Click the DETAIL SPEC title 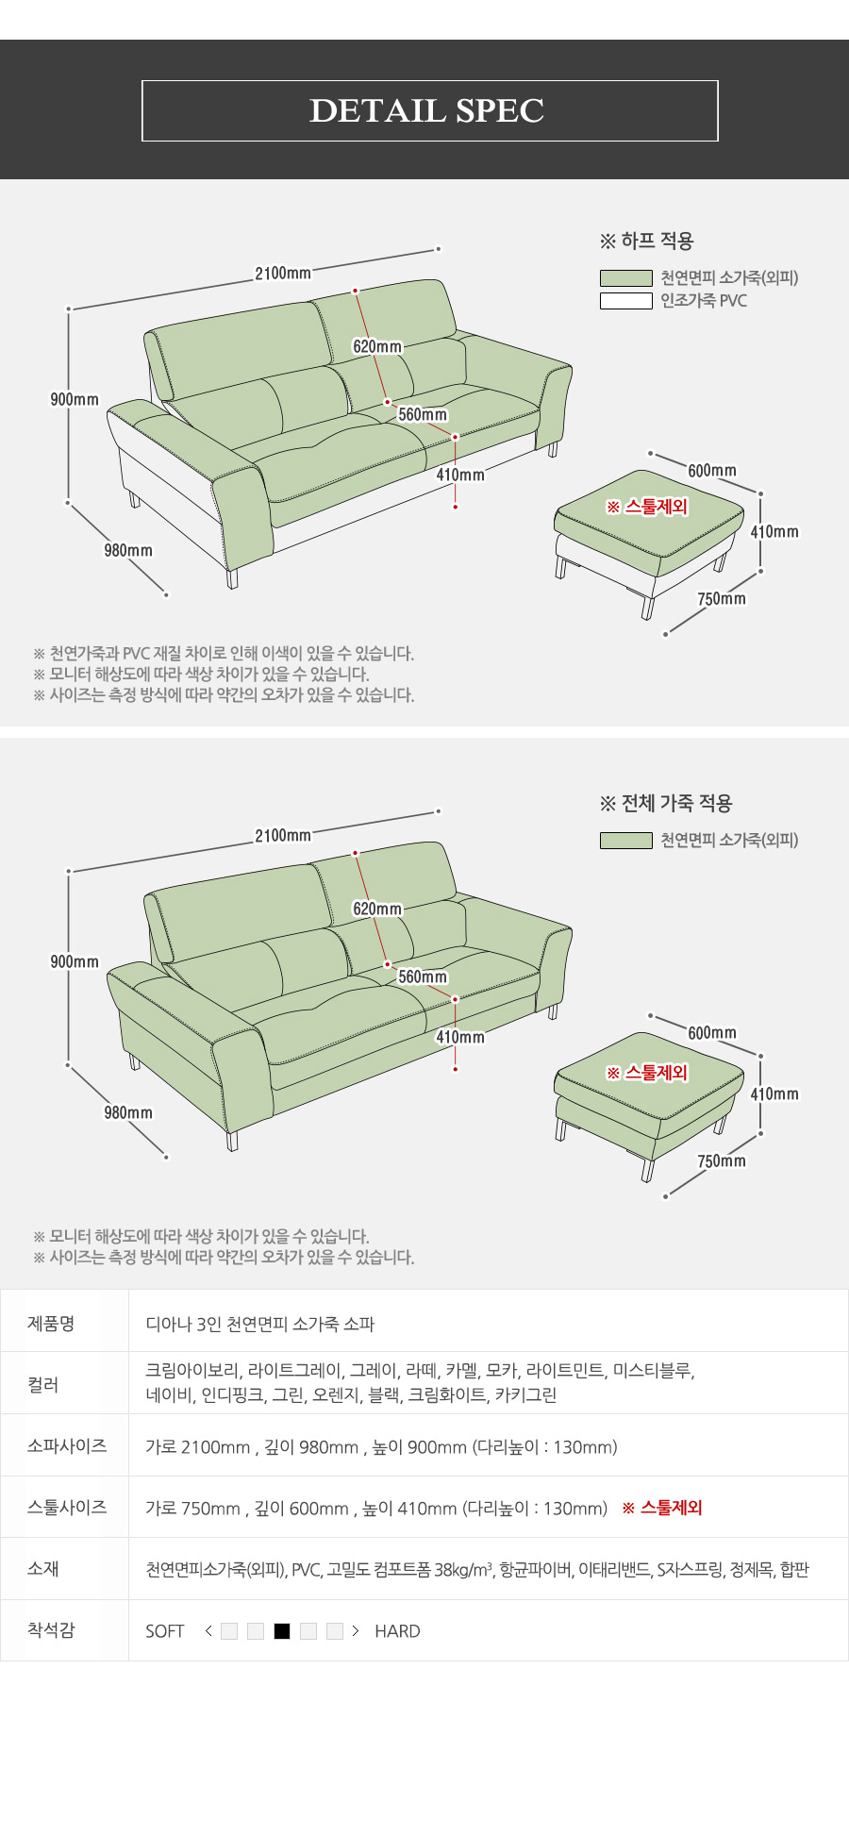[427, 110]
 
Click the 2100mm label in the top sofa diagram [283, 274]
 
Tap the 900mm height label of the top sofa [75, 400]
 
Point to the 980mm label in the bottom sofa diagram [128, 1113]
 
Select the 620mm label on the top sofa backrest [377, 347]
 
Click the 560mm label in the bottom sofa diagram [423, 977]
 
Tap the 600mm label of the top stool [712, 471]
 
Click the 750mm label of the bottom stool [722, 1161]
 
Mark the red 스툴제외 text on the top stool [647, 507]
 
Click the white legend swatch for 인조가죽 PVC [626, 301]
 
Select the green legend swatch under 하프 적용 [626, 278]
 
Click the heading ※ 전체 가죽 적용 [666, 803]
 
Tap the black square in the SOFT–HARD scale [282, 1631]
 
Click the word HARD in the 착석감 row [397, 1631]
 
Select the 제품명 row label [51, 1324]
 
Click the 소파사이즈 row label [67, 1446]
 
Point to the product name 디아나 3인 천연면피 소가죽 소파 [260, 1324]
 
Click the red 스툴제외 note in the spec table [662, 1508]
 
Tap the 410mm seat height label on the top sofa [460, 476]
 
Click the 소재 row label [43, 1568]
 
